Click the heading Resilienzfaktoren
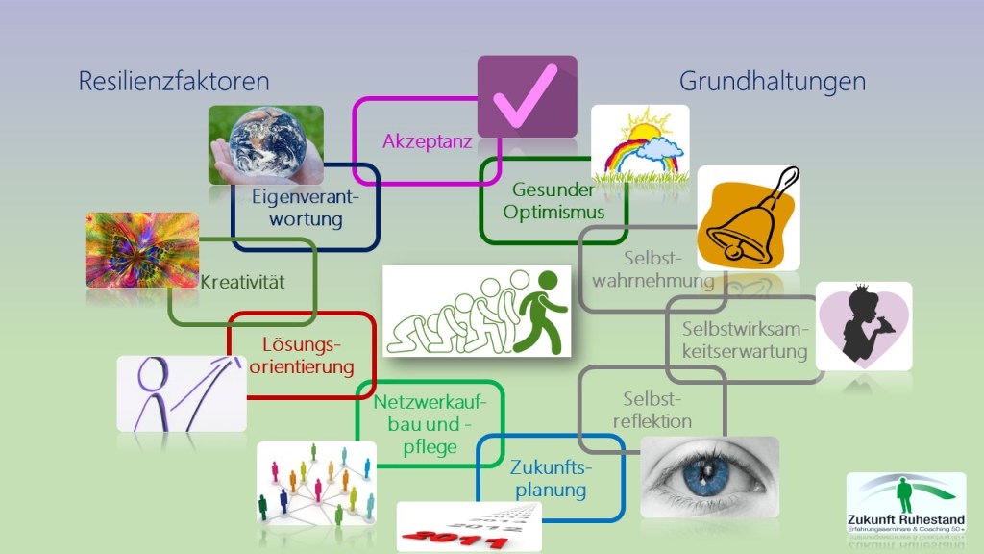pos(174,82)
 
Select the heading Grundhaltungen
pos(772,82)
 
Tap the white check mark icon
pos(527,96)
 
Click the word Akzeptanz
pos(427,141)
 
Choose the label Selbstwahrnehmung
pos(653,270)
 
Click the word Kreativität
pos(242,283)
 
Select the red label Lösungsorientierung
pos(302,355)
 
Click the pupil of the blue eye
pos(709,471)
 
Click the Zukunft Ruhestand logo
pos(905,505)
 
